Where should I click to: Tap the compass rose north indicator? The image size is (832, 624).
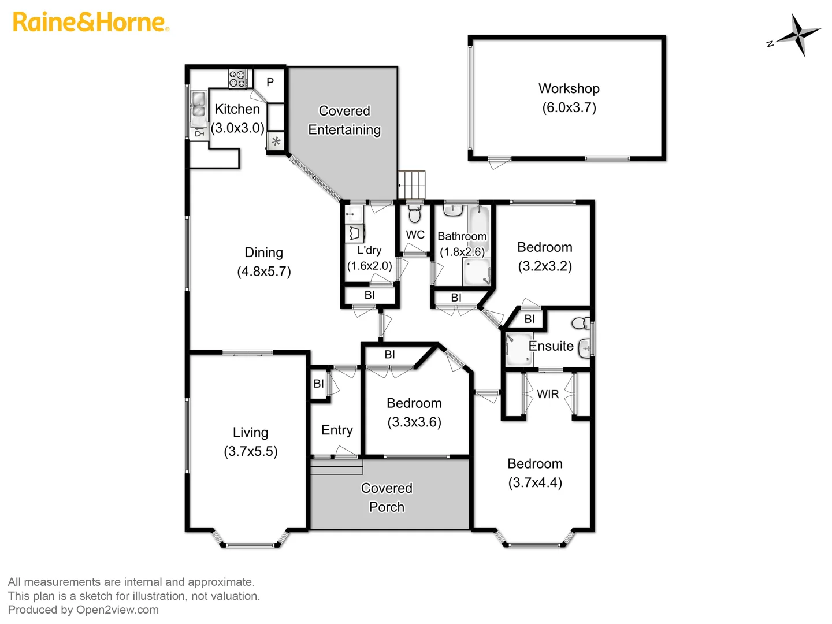tap(797, 35)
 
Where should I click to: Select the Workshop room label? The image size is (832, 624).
tap(569, 88)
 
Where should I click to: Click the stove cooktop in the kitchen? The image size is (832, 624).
tap(237, 79)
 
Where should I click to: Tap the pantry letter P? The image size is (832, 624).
tap(270, 83)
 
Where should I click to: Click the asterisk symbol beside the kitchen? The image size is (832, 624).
tap(276, 142)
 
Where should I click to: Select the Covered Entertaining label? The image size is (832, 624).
tap(344, 120)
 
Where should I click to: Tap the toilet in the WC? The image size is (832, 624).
tap(414, 214)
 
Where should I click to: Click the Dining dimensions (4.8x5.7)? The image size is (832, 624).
tap(264, 272)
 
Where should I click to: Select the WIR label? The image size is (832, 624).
tap(548, 394)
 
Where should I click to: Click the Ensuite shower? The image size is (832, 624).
tap(518, 349)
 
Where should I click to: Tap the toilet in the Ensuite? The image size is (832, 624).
tap(581, 322)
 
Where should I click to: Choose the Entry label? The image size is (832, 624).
tap(337, 430)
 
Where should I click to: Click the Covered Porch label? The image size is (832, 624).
tap(387, 497)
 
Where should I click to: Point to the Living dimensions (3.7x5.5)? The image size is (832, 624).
tap(251, 451)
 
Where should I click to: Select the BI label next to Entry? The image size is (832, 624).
tap(318, 384)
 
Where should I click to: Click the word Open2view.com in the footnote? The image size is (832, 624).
tap(117, 610)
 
